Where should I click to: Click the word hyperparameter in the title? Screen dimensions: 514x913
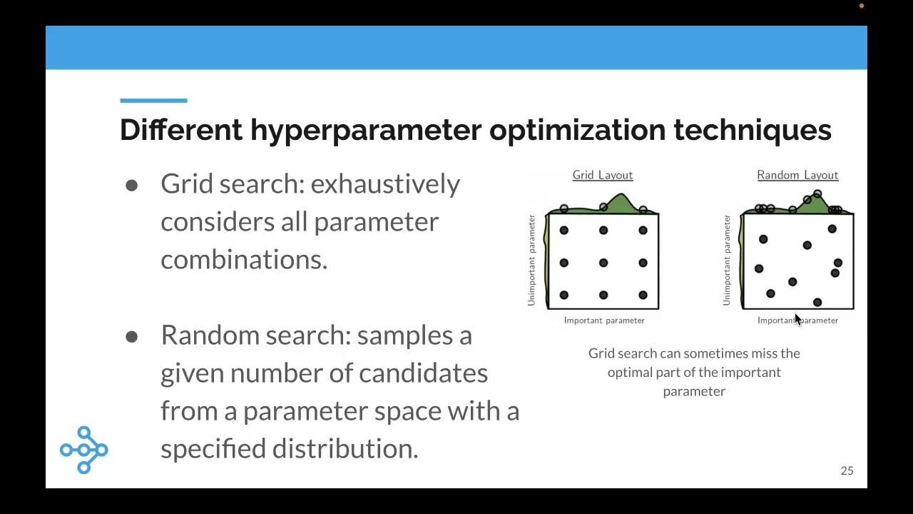click(x=365, y=131)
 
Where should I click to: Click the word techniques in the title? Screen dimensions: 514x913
click(x=752, y=130)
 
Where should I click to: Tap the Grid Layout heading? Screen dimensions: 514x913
click(x=602, y=175)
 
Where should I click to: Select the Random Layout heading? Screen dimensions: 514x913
click(x=797, y=175)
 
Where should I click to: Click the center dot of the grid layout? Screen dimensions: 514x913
click(x=603, y=263)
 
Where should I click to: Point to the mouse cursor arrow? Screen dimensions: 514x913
click(x=797, y=320)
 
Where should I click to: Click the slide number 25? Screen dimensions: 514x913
click(x=847, y=470)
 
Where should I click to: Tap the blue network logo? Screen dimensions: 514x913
click(x=84, y=450)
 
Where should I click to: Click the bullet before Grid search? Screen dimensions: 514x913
click(x=131, y=186)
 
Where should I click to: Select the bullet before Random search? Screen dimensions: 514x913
click(x=131, y=337)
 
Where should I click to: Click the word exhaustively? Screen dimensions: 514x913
click(x=385, y=184)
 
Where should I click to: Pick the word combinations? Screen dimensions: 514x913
click(x=243, y=260)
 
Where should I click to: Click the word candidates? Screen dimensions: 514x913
click(x=423, y=373)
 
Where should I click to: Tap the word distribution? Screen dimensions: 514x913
click(x=345, y=449)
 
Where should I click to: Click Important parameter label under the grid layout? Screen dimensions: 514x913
click(x=604, y=321)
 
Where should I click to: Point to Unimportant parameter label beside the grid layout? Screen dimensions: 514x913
click(x=531, y=261)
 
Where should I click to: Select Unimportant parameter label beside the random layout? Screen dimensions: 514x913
click(x=727, y=261)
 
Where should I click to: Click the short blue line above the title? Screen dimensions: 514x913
click(x=153, y=101)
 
